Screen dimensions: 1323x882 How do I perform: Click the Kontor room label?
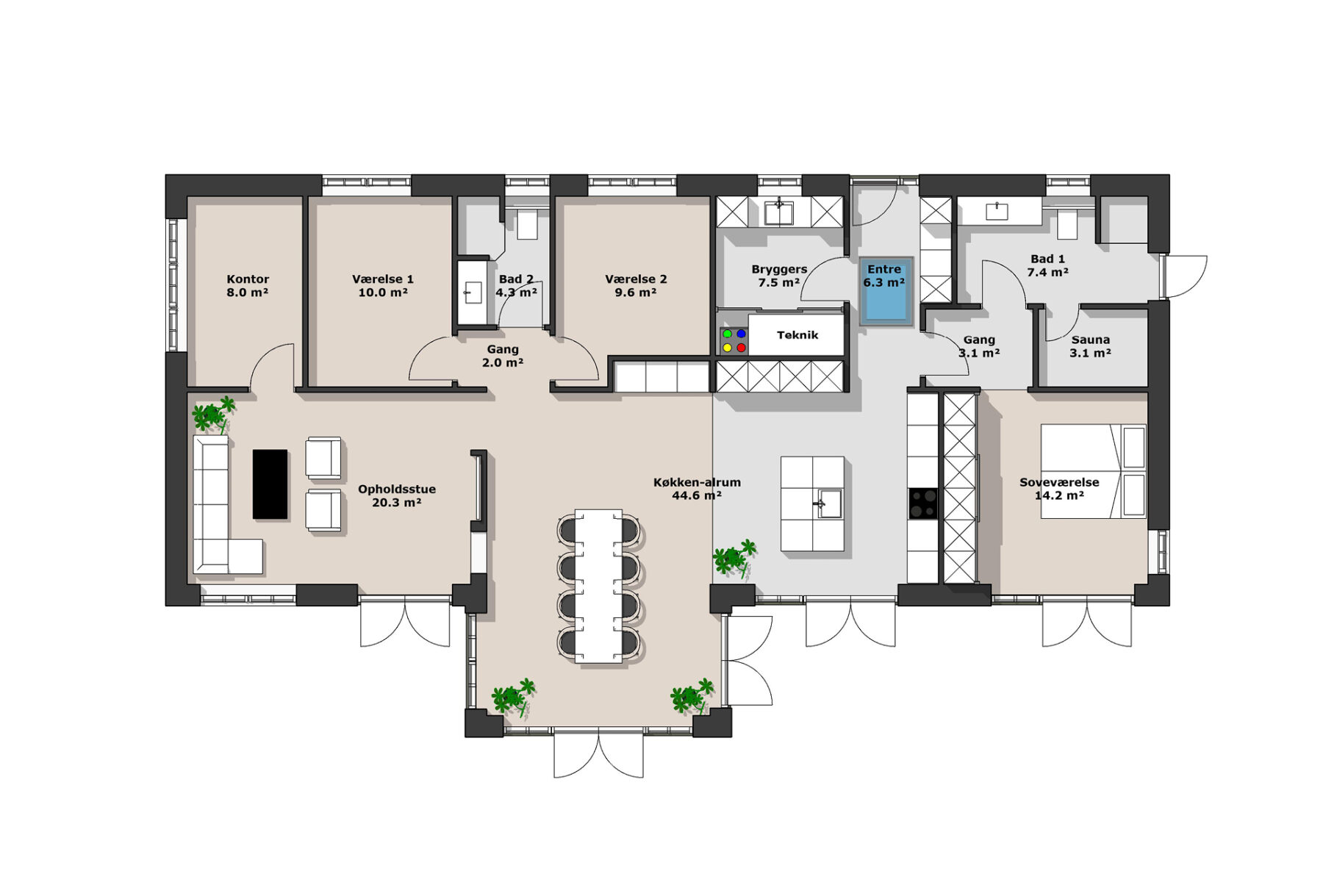pos(248,279)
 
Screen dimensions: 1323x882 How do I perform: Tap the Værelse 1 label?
pos(382,279)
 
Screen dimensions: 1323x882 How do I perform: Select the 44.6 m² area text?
pos(696,495)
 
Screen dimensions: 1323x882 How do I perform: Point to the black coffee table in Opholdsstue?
pos(270,484)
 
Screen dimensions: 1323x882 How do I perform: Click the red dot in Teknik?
pos(741,348)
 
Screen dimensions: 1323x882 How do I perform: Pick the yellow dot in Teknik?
pos(727,348)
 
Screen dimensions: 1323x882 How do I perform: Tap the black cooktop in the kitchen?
pos(923,503)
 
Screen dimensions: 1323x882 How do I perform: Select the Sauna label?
pos(1090,340)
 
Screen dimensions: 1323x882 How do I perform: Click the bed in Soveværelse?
pos(1093,471)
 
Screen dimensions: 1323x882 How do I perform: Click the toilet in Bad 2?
pos(527,223)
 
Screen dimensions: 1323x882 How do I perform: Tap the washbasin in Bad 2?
pos(470,293)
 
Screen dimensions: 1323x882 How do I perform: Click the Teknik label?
pos(797,335)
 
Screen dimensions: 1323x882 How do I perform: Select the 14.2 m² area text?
pos(1059,495)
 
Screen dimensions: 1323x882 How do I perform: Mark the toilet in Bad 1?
pos(1066,223)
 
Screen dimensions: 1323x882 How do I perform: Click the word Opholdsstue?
pos(397,490)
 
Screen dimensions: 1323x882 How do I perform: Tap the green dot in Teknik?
pos(727,334)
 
